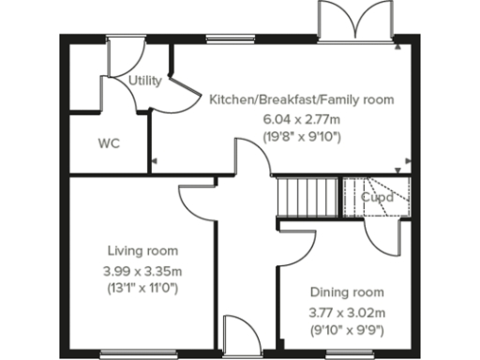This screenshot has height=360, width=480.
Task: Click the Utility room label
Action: [145, 81]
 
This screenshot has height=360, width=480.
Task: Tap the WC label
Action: [110, 144]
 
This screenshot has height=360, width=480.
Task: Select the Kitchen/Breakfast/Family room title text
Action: [301, 98]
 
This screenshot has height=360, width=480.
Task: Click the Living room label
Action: [142, 251]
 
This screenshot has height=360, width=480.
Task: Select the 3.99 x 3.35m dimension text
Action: [142, 271]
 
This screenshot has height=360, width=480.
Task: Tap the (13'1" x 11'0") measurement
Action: [142, 288]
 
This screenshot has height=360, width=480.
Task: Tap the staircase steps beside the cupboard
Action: [307, 198]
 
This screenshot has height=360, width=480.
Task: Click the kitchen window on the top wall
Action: [226, 40]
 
